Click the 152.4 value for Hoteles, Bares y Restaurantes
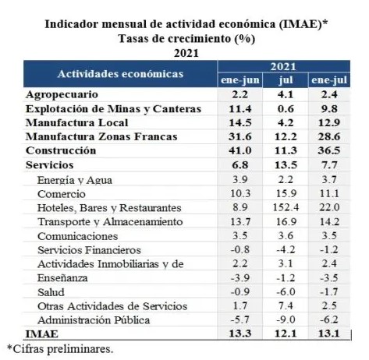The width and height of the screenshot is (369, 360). coord(286,207)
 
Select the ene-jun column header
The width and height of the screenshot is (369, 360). coord(239,80)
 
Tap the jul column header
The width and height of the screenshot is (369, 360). coord(286,80)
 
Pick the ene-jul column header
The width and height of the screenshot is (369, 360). coord(329,80)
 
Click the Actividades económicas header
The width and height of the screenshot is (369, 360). coord(120,74)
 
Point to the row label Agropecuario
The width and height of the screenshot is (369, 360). coord(62,94)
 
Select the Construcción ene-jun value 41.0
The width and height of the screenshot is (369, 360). coord(239,150)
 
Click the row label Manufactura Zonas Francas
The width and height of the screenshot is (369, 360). coord(101,136)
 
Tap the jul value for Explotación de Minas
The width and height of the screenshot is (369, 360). coord(286,108)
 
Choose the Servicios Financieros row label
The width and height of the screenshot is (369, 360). coord(89,250)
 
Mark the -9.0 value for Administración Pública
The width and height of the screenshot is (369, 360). coord(286,319)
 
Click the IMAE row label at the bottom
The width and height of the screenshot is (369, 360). coord(41,334)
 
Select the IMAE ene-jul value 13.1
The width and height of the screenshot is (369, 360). coord(329,334)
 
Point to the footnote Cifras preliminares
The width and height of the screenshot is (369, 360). coord(60,349)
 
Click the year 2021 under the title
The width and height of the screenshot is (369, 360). coord(186,53)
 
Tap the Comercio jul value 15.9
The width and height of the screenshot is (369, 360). coord(286,193)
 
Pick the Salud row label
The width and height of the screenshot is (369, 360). coord(51,292)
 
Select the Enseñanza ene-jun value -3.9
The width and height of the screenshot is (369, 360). coord(240,278)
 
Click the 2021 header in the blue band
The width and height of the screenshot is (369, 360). coord(283,67)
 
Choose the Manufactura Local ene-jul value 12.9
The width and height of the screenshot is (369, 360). coord(329,122)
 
